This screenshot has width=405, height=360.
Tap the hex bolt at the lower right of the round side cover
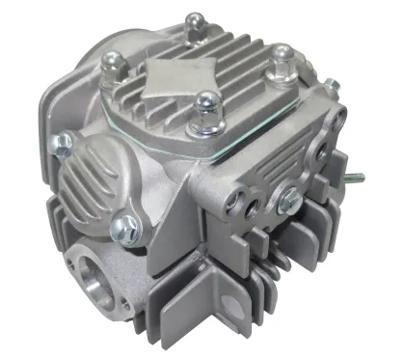coord(123,228)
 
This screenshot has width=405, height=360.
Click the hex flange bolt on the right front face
coord(288,200)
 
